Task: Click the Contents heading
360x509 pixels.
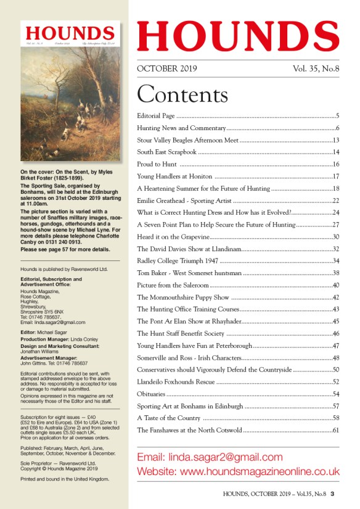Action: coord(182,94)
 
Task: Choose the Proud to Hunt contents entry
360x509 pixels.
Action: coord(157,164)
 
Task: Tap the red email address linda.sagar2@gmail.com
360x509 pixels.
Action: coord(210,457)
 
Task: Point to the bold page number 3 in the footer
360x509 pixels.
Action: coord(332,494)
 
